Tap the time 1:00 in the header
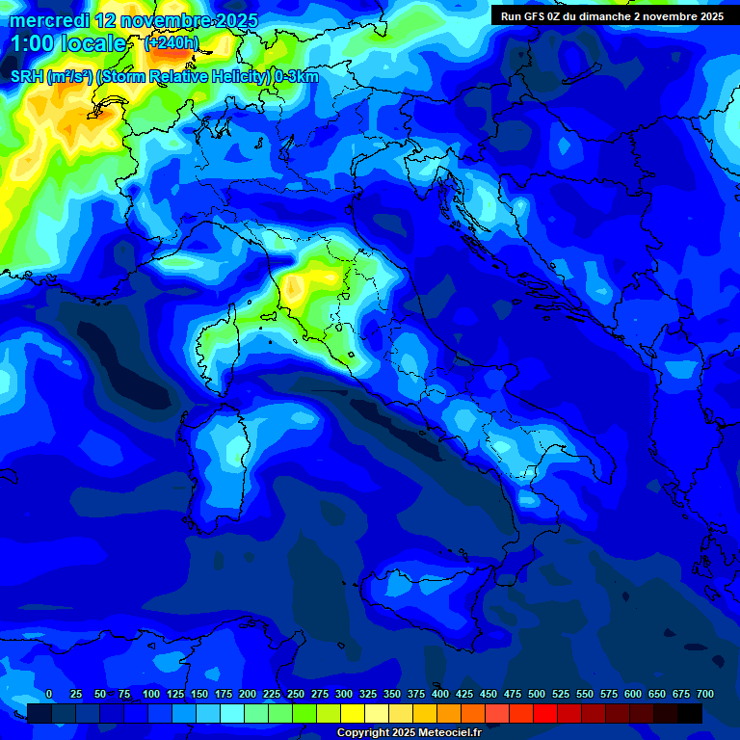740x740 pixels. [x=32, y=44]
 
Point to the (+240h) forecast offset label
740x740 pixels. [x=172, y=44]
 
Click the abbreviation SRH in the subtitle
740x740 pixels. [x=27, y=77]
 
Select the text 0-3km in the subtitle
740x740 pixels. [x=297, y=77]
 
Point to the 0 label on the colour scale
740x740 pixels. [x=49, y=695]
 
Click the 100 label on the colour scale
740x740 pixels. [x=151, y=695]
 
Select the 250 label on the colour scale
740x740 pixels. [x=296, y=695]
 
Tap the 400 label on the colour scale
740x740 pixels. [x=440, y=695]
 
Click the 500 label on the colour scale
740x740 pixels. [x=537, y=695]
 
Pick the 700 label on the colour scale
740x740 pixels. [x=705, y=695]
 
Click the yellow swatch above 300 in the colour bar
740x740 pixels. [x=353, y=713]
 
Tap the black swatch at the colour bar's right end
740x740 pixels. [x=690, y=713]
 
